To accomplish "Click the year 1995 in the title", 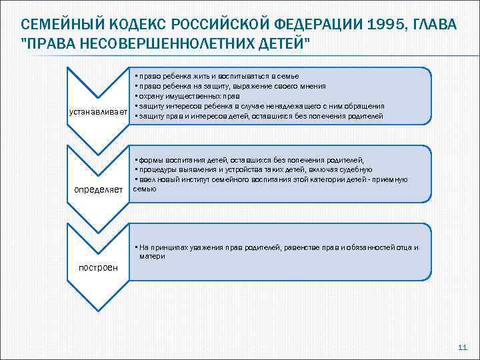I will click(380, 25).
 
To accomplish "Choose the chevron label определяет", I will click(99, 190).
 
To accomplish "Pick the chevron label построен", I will click(97, 267).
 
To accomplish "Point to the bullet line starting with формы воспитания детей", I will click(249, 160).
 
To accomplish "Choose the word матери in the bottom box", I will click(152, 256).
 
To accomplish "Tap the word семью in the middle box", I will click(145, 189).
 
